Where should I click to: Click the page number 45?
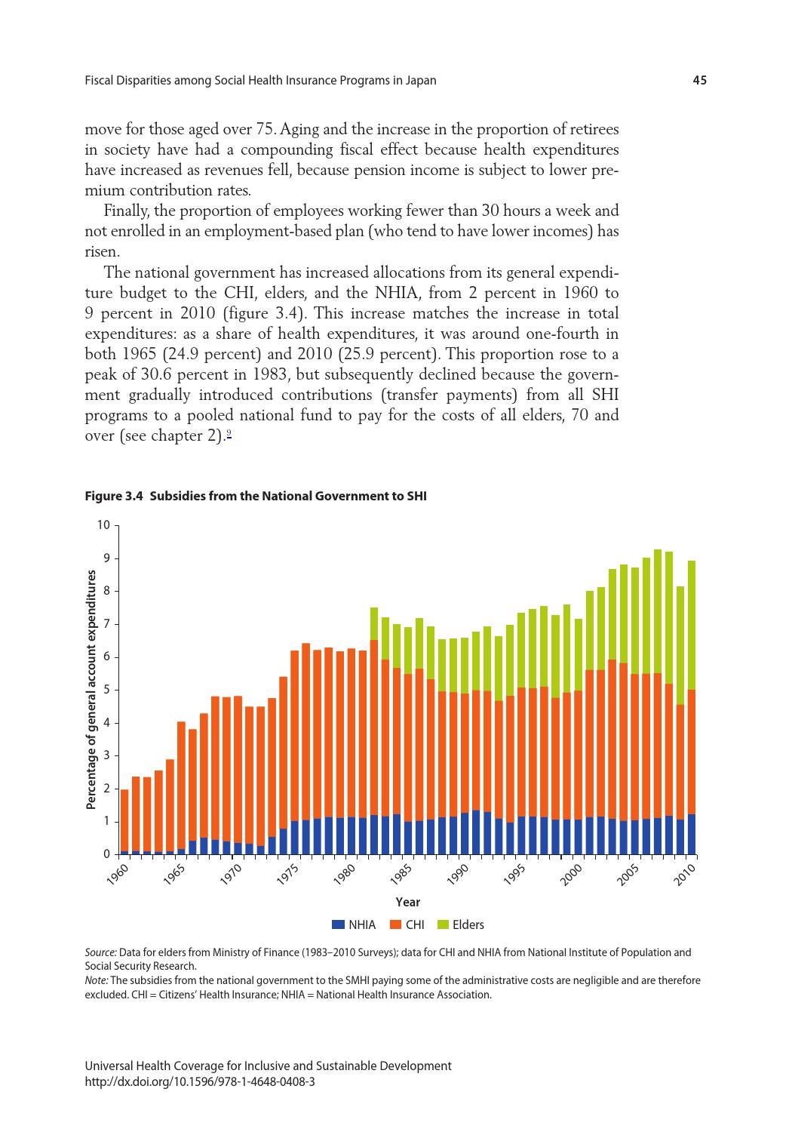tap(699, 80)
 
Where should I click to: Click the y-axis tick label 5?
tap(106, 690)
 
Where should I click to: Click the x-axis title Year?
tap(407, 902)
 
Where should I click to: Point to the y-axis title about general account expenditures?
tap(91, 689)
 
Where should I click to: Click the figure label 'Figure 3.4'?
tap(114, 496)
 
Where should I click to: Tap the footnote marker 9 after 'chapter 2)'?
tap(229, 433)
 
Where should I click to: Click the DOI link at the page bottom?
tap(200, 1081)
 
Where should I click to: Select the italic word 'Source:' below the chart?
tap(101, 952)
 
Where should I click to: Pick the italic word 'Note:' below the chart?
tap(97, 980)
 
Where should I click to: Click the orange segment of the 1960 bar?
tap(124, 820)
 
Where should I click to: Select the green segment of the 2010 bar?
tap(692, 625)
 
